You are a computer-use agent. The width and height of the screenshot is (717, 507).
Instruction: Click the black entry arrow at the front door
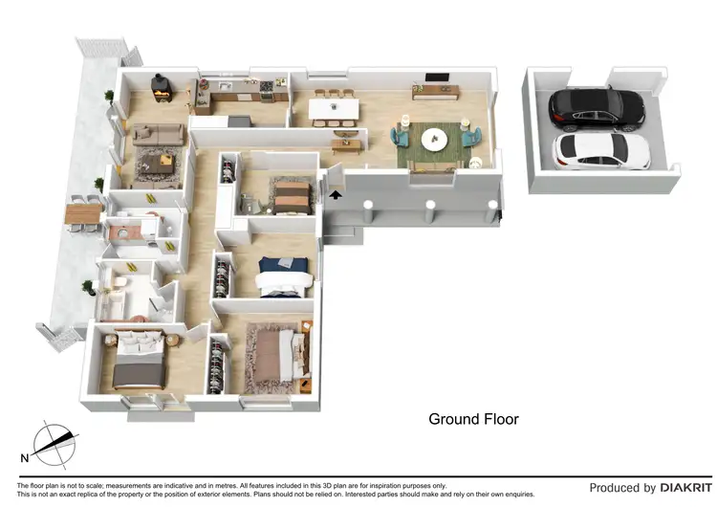click(x=335, y=194)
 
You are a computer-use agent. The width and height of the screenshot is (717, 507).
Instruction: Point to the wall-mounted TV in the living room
click(x=436, y=77)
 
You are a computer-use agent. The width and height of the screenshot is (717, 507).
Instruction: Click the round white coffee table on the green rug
click(x=435, y=139)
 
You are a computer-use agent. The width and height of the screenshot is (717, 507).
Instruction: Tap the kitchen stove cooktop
click(x=265, y=88)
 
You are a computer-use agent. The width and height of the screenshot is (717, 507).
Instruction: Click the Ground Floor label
click(x=473, y=419)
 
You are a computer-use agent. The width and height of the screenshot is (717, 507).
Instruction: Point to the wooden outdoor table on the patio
click(x=83, y=213)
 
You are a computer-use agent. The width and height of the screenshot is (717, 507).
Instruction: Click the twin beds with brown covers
click(x=289, y=197)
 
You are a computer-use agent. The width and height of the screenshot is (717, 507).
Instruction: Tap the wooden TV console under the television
click(x=435, y=93)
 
